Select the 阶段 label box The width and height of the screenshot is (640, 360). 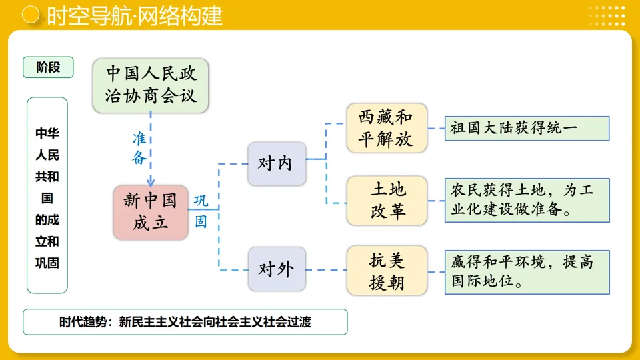point(48,67)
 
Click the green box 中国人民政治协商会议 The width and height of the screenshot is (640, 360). point(151,84)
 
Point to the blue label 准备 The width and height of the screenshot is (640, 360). point(139,148)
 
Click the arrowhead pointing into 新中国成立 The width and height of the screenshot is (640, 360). point(151,181)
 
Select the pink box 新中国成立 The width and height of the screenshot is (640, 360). point(151,212)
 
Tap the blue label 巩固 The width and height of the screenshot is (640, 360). point(201,211)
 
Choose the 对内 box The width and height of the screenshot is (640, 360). point(277,163)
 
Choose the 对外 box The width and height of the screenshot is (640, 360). point(277,269)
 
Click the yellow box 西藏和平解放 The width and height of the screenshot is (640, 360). point(387,128)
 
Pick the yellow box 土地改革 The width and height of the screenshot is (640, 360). point(387,200)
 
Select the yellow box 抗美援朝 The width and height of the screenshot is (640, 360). point(387,271)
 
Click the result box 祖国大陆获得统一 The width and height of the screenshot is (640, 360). point(527,128)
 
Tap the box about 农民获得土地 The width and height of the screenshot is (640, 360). point(527,200)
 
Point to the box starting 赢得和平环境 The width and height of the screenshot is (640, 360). point(527,271)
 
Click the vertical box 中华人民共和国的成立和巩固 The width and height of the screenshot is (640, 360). point(47,195)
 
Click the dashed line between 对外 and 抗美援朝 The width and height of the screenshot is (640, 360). point(326,270)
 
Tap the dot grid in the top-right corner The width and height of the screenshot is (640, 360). point(607,15)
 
